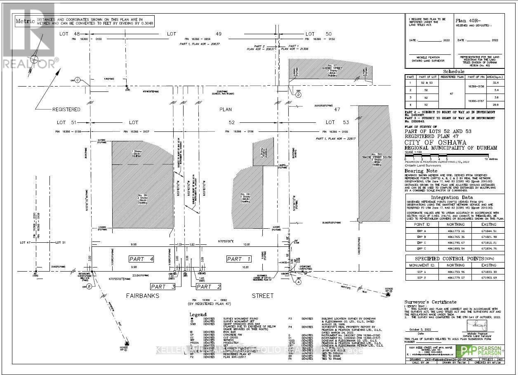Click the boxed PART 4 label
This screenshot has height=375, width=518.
pyautogui.click(x=141, y=259)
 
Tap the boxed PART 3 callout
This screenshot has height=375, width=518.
pyautogui.click(x=163, y=287)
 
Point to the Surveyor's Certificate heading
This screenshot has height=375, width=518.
pyautogui.click(x=430, y=302)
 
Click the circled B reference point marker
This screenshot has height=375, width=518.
pyautogui.click(x=89, y=287)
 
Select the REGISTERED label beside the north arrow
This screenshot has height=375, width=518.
pyautogui.click(x=66, y=110)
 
